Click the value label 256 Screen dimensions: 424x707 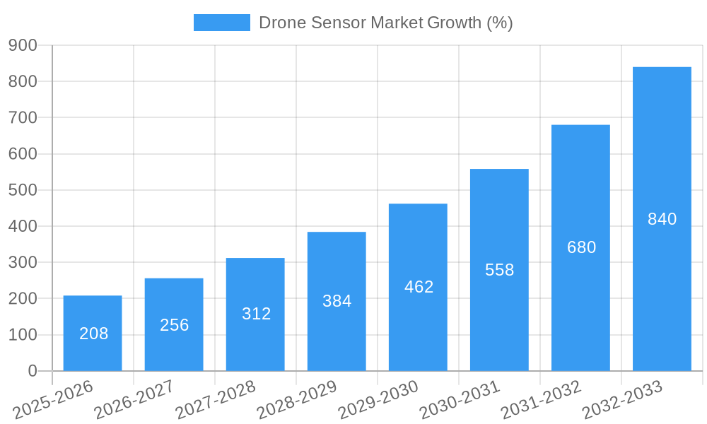coord(175,325)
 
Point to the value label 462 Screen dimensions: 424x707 coord(419,287)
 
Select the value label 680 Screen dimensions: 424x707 coord(581,247)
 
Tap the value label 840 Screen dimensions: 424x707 coord(662,219)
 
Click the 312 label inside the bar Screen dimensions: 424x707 coord(256,314)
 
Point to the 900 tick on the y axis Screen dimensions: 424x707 coord(23,45)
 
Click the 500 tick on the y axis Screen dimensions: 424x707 coord(23,190)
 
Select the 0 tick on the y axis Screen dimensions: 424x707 coord(33,371)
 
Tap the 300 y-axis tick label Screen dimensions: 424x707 coord(23,262)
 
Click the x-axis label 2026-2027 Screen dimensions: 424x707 coord(134,400)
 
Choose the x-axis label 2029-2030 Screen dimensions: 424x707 coord(378,400)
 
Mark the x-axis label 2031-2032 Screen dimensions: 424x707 coord(541,400)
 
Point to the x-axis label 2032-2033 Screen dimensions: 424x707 coord(622,400)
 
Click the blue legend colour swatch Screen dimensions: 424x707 coord(221,23)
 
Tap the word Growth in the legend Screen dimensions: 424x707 coord(455,23)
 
